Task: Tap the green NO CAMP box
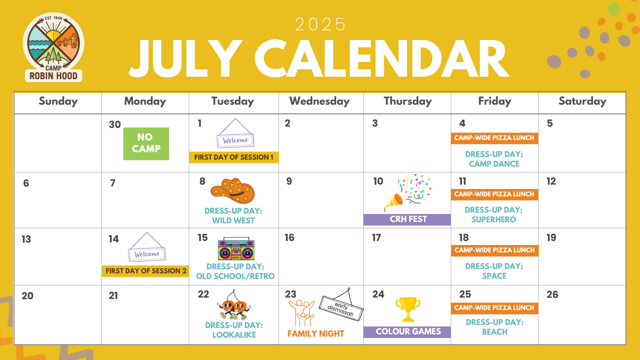[146, 144]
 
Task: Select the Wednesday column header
[319, 101]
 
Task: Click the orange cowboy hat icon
[233, 191]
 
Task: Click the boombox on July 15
[236, 249]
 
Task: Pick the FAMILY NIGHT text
[316, 334]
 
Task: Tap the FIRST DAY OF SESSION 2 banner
[145, 271]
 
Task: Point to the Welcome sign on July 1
[235, 133]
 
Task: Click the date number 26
[552, 295]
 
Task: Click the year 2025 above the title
[320, 25]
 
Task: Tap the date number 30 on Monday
[115, 125]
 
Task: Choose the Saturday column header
[582, 101]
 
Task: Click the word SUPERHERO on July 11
[494, 220]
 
